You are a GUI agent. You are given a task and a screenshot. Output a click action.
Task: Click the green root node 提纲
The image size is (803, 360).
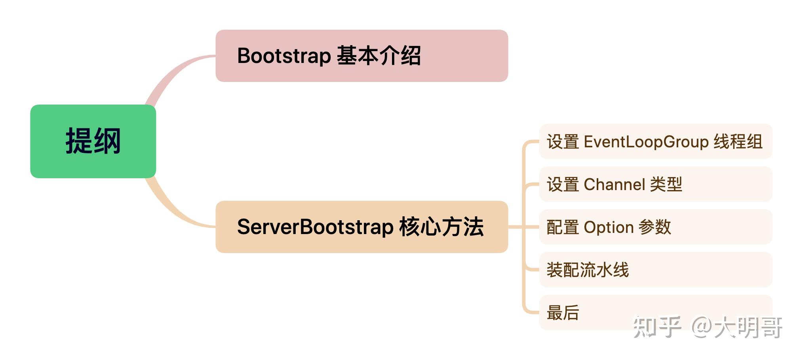tap(93, 141)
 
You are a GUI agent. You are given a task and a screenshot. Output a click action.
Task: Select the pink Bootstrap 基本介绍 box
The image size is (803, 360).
tap(361, 56)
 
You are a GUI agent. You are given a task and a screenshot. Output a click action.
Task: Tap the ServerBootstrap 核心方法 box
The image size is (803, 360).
tap(361, 227)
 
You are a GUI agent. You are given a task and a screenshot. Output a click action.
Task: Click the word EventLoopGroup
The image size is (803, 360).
tap(646, 142)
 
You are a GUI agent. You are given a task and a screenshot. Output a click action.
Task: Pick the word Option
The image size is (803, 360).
tap(609, 227)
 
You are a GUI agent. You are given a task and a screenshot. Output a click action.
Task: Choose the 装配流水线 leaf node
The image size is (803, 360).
tap(588, 270)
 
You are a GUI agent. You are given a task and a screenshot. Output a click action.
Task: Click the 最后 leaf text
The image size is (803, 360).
tap(563, 312)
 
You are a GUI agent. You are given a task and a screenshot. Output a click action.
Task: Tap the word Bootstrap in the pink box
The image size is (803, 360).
tap(284, 56)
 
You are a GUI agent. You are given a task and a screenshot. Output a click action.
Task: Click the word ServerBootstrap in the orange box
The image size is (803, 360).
tap(315, 227)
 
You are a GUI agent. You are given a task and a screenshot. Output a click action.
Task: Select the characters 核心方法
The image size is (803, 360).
tap(441, 227)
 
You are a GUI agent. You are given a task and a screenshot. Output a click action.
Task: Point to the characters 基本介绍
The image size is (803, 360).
tap(379, 56)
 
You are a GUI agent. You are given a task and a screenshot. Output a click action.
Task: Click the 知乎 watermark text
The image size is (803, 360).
tap(656, 327)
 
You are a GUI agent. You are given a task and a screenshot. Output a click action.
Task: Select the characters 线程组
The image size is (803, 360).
tap(738, 142)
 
